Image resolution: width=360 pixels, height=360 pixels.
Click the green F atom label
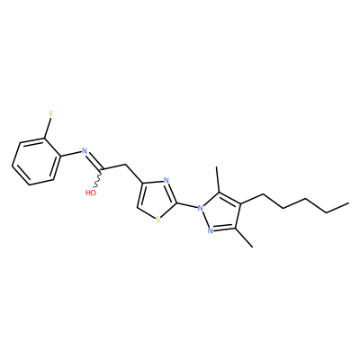click(51, 114)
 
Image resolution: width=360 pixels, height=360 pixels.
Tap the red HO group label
click(91, 193)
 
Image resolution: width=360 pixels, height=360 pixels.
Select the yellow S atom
click(158, 220)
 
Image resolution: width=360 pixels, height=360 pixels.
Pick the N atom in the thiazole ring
click(166, 181)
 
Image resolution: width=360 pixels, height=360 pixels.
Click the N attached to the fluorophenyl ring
click(85, 151)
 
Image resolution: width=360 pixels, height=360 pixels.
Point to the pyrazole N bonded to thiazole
click(201, 207)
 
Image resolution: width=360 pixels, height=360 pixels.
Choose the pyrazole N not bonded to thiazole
click(211, 230)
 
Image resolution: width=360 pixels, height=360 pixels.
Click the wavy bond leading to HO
click(98, 179)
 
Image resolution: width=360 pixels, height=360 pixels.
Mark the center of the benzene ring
click(35, 162)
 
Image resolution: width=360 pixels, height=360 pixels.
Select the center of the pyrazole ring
click(220, 213)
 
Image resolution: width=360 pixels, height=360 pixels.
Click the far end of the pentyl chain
click(348, 203)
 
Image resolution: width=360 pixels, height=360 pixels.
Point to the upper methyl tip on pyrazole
click(217, 167)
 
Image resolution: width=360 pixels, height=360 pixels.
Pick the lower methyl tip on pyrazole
click(253, 247)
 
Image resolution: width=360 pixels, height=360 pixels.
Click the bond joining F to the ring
click(48, 129)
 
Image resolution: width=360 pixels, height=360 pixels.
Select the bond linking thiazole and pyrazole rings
click(187, 205)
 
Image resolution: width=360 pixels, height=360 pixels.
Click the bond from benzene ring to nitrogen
click(71, 153)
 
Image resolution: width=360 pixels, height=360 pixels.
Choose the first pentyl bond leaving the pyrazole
click(251, 200)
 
